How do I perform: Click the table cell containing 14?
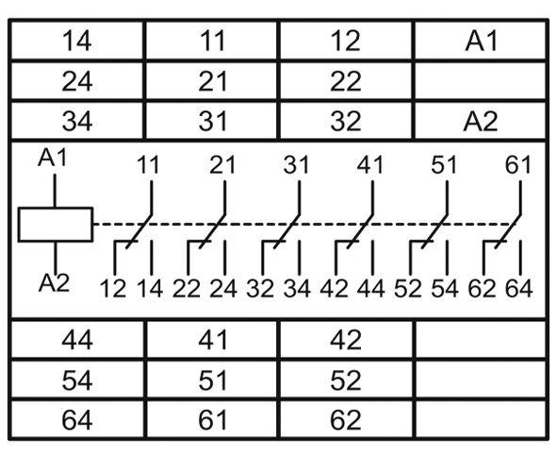pyautogui.click(x=77, y=41)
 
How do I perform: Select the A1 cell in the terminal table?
pyautogui.click(x=481, y=41)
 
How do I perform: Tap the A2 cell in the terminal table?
pyautogui.click(x=481, y=121)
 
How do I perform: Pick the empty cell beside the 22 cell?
pyautogui.click(x=481, y=81)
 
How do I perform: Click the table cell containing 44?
pyautogui.click(x=77, y=339)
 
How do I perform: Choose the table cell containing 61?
pyautogui.click(x=212, y=419)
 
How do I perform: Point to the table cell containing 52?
pyautogui.click(x=346, y=380)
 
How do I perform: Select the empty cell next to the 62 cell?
pyautogui.click(x=481, y=419)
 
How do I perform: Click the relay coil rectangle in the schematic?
pyautogui.click(x=56, y=225)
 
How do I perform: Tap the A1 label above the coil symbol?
pyautogui.click(x=53, y=158)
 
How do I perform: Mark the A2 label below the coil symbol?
pyautogui.click(x=54, y=283)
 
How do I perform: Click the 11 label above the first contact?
pyautogui.click(x=148, y=165)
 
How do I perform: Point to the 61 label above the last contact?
pyautogui.click(x=518, y=165)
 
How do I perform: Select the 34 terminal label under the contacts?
pyautogui.click(x=297, y=288)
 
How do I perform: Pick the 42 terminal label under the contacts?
pyautogui.click(x=334, y=288)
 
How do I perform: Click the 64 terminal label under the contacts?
pyautogui.click(x=519, y=288)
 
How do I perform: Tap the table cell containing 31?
pyautogui.click(x=212, y=121)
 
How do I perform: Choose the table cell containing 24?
pyautogui.click(x=77, y=81)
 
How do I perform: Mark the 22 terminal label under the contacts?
pyautogui.click(x=187, y=288)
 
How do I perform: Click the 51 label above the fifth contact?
pyautogui.click(x=444, y=165)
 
